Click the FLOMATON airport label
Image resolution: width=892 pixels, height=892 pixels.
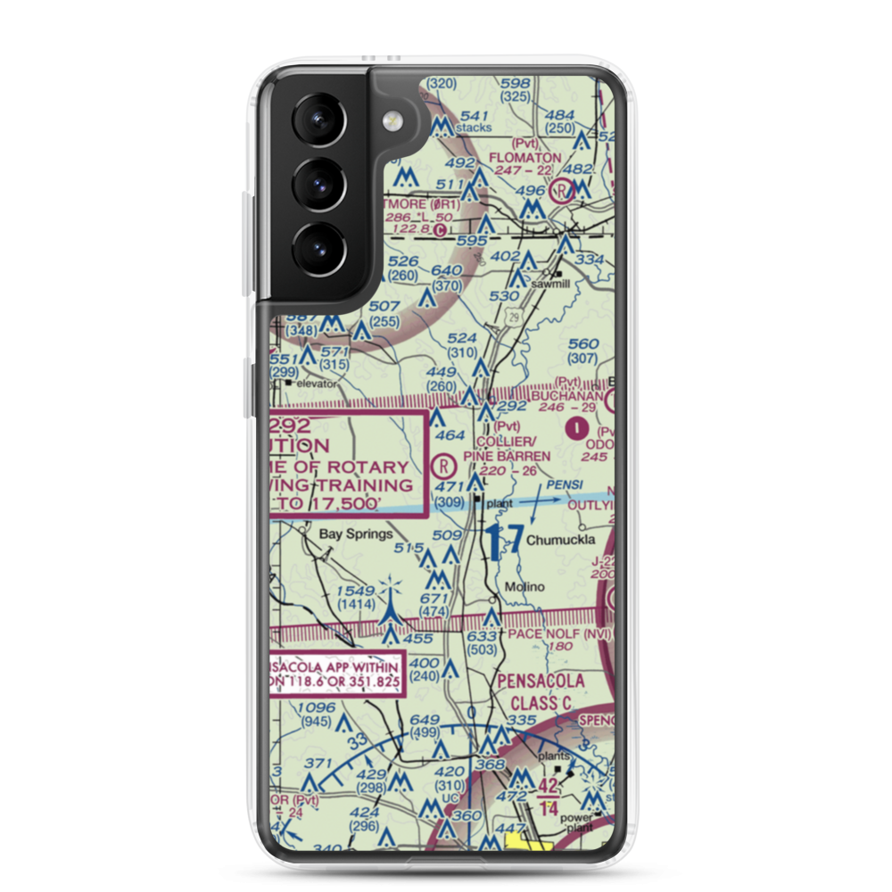pyautogui.click(x=525, y=157)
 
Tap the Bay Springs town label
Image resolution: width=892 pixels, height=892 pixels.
pyautogui.click(x=356, y=534)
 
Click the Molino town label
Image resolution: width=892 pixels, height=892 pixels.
pyautogui.click(x=524, y=587)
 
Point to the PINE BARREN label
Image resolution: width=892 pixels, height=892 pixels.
pyautogui.click(x=507, y=456)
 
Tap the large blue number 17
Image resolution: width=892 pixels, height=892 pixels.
pyautogui.click(x=504, y=541)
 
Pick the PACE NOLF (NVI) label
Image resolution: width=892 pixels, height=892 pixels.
pyautogui.click(x=561, y=633)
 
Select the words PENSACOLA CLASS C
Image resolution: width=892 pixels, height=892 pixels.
pyautogui.click(x=541, y=691)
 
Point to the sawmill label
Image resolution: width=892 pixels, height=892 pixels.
pyautogui.click(x=549, y=283)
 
